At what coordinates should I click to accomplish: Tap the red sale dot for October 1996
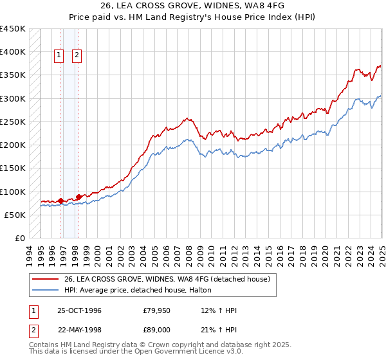(x=61, y=201)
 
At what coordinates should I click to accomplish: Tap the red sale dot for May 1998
(x=78, y=197)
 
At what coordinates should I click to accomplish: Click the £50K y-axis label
(x=15, y=215)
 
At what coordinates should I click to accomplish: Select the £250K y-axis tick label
(x=13, y=122)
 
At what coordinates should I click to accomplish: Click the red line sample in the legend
(x=46, y=279)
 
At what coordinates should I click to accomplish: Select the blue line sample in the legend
(x=46, y=290)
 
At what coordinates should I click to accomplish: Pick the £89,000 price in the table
(x=157, y=329)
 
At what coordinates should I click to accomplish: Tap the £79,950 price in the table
(x=157, y=310)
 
